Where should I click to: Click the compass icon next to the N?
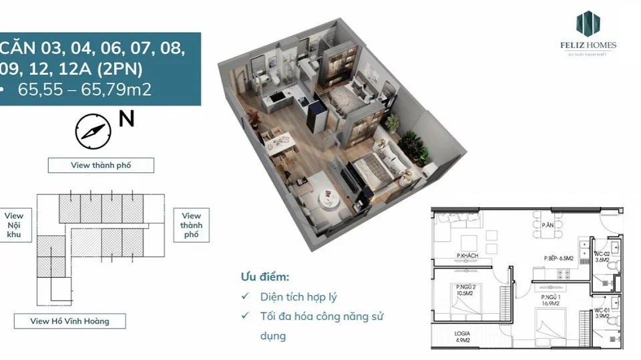(x=92, y=131)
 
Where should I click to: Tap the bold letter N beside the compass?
(x=126, y=119)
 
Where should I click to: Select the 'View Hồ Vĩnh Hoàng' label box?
(x=69, y=321)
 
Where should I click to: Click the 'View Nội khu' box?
(x=14, y=226)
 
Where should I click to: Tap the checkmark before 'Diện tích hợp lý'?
(x=246, y=297)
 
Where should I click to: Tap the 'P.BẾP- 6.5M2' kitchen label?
(x=560, y=257)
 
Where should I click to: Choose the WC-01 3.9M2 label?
(x=602, y=313)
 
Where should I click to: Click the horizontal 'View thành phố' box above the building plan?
(x=101, y=165)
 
